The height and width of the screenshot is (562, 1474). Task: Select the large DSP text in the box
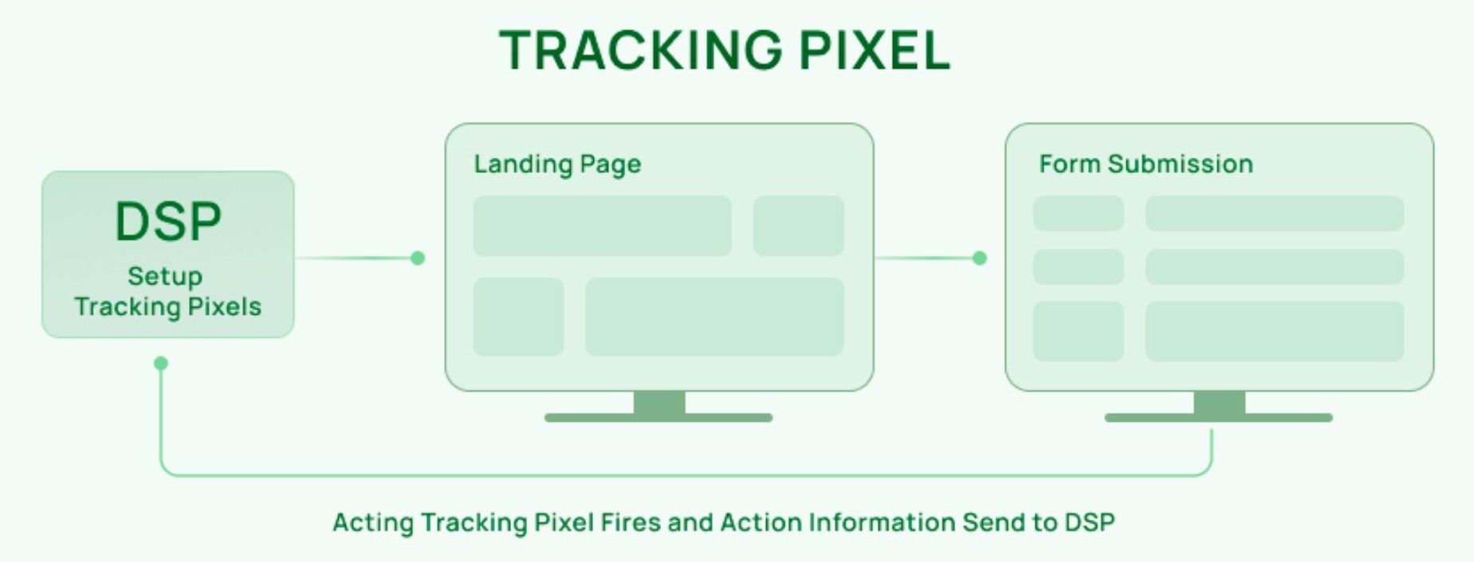tap(168, 222)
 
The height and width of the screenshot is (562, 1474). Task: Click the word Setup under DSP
tap(165, 276)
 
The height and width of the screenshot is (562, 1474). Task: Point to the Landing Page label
tap(557, 164)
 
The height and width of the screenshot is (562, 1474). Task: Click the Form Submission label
tap(1146, 164)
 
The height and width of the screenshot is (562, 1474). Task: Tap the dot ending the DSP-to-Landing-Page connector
tap(418, 258)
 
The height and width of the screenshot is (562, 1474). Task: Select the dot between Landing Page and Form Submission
tap(980, 258)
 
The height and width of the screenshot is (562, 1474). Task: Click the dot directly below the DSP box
tap(161, 364)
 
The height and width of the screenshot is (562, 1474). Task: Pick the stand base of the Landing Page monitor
tap(658, 418)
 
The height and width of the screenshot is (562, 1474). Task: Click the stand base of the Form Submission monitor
tap(1218, 418)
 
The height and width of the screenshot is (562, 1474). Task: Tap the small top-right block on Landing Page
tap(798, 226)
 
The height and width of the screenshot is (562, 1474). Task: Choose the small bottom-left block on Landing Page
tap(518, 316)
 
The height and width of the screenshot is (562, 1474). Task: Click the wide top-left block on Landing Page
tap(602, 226)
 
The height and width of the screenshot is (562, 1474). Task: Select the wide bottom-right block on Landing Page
tap(714, 316)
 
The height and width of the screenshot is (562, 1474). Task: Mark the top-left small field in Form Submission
tap(1079, 214)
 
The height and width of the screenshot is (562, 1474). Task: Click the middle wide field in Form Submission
tap(1274, 267)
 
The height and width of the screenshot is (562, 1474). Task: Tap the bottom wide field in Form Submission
tap(1274, 331)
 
